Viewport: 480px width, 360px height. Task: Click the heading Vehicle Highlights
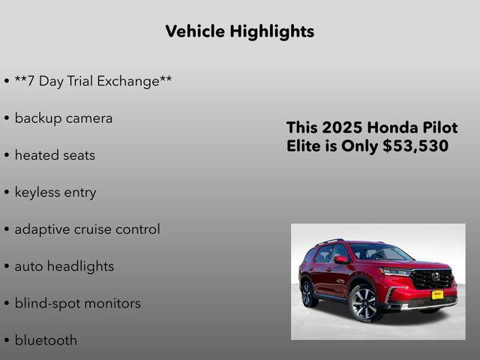click(239, 31)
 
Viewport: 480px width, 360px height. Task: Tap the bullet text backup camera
click(64, 118)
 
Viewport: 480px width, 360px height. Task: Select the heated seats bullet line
click(55, 155)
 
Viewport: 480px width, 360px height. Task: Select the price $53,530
click(415, 146)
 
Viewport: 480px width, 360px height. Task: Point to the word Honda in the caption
click(394, 127)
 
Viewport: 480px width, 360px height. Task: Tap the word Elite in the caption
click(304, 146)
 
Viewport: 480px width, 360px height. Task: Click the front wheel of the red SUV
click(364, 302)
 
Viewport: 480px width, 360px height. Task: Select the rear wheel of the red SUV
click(308, 292)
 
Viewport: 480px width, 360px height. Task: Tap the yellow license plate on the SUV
click(437, 294)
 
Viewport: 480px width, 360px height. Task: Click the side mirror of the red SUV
click(341, 259)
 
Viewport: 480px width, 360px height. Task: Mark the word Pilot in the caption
click(439, 127)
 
